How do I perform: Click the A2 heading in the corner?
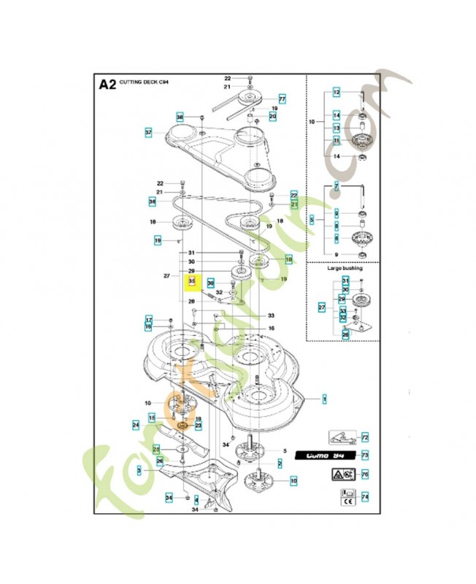point(107,85)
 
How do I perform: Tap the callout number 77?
point(281,99)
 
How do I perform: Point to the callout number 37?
point(148,133)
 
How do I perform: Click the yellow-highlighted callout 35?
point(192,281)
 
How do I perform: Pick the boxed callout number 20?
point(272,116)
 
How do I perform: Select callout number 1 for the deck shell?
point(324,399)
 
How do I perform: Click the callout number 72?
point(365,437)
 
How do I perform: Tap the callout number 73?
point(365,455)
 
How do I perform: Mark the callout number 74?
point(365,496)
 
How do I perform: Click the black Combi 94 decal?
point(323,456)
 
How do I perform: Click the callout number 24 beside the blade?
point(136,424)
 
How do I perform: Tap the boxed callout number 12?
point(337,93)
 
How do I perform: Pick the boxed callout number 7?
point(337,187)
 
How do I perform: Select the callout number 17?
point(148,320)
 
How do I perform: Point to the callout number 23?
point(198,425)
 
